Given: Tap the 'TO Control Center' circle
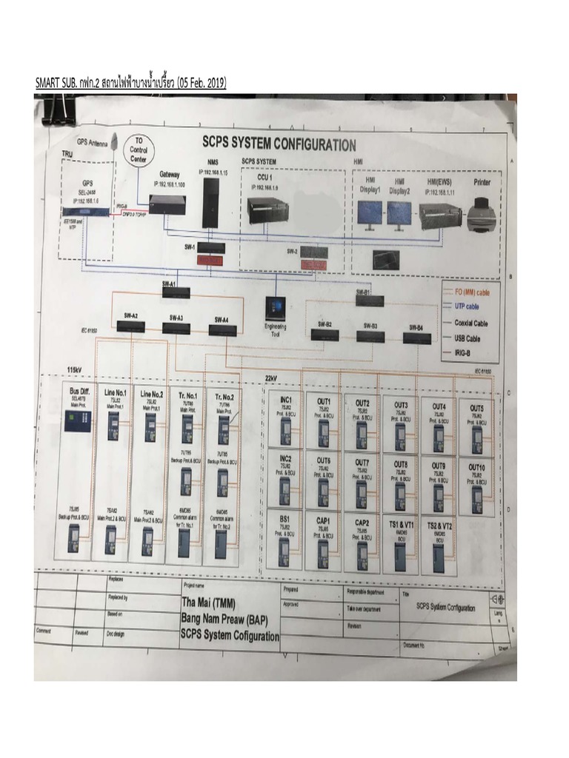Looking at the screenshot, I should (138, 150).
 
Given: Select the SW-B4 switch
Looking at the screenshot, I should (417, 338).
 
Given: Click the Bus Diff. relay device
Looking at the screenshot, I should (80, 420).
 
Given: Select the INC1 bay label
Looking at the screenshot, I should (285, 400).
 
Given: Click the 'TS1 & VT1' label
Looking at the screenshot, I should (400, 524).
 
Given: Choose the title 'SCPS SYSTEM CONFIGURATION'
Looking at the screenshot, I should (279, 144).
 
